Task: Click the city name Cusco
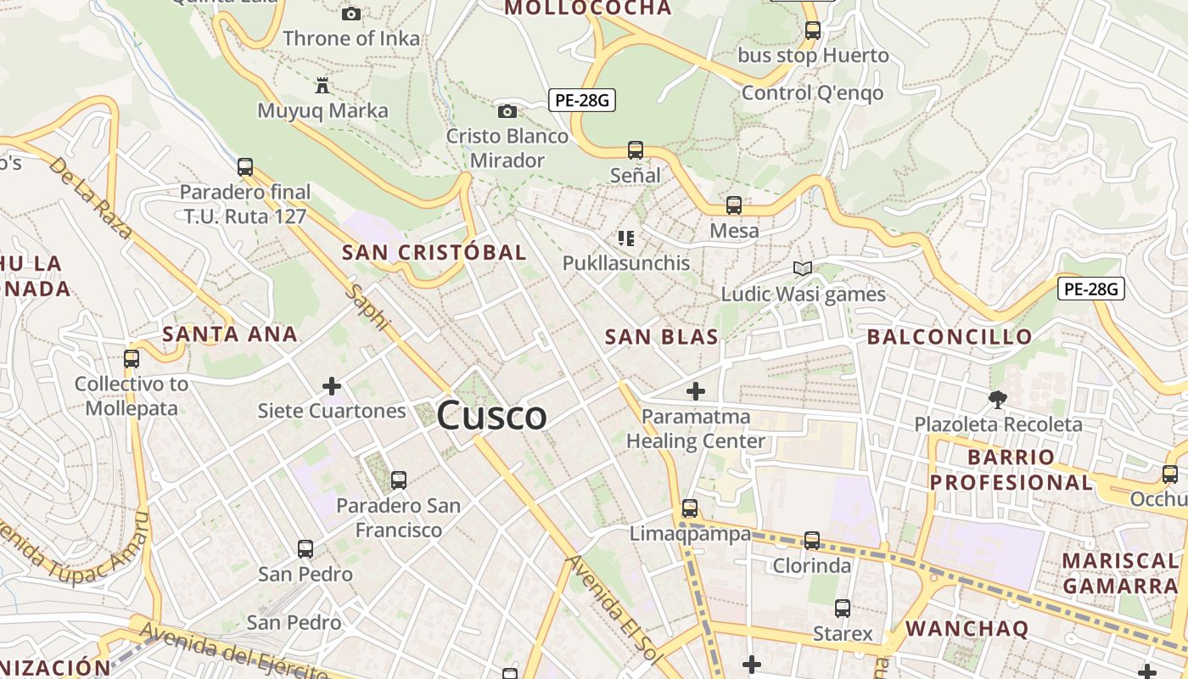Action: tap(492, 416)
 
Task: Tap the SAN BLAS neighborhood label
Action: tap(661, 337)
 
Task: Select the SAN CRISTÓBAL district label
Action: tap(434, 252)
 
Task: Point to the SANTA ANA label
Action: tap(229, 334)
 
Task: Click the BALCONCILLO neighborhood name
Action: tap(950, 337)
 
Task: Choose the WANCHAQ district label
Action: tap(967, 629)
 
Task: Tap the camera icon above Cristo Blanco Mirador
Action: tap(507, 111)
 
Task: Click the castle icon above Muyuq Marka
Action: tap(322, 86)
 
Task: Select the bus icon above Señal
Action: tap(635, 150)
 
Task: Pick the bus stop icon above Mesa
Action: tap(734, 205)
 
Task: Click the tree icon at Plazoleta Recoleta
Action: tap(998, 398)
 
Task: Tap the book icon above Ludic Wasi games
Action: tap(803, 269)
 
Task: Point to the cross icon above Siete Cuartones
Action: tap(332, 387)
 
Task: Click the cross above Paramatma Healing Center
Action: tap(696, 391)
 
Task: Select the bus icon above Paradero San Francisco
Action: tap(398, 480)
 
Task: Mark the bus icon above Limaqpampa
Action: tap(690, 508)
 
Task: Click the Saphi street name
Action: tap(367, 307)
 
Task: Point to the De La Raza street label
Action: tap(90, 197)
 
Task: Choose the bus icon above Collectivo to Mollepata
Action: tap(132, 358)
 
